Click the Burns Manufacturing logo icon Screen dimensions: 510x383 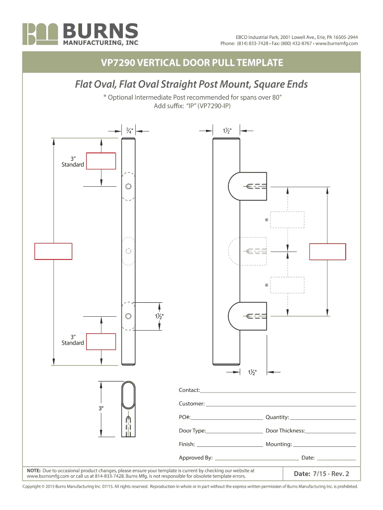[41, 34]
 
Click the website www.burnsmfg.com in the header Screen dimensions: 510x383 [337, 44]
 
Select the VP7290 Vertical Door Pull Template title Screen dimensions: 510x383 [191, 63]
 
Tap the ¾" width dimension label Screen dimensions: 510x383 [129, 131]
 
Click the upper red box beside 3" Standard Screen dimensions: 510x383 [101, 161]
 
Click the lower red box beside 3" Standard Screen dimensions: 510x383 [101, 342]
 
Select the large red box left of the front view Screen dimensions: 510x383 [53, 251]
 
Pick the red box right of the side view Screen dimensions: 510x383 [328, 252]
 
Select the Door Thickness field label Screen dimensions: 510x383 [285, 431]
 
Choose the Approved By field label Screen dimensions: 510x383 [196, 458]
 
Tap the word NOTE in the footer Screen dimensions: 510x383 [33, 470]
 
